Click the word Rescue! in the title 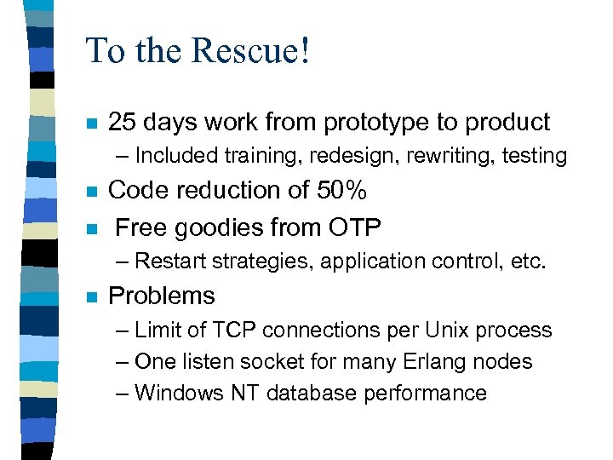(252, 51)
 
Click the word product (507, 123)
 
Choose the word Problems (162, 296)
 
